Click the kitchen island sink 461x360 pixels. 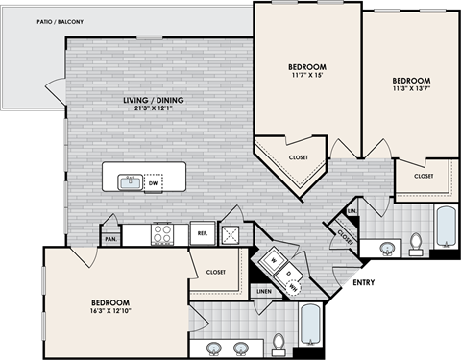click(128, 180)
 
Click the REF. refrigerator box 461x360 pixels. click(203, 232)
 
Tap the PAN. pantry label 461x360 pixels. click(112, 239)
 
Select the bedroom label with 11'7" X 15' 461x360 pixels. click(307, 68)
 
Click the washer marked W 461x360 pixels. click(275, 259)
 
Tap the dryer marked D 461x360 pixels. click(289, 271)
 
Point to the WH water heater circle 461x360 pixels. click(295, 284)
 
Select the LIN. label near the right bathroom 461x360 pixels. click(352, 209)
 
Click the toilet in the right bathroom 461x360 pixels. click(417, 243)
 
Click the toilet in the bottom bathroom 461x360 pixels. click(279, 342)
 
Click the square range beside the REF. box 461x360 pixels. click(230, 232)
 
